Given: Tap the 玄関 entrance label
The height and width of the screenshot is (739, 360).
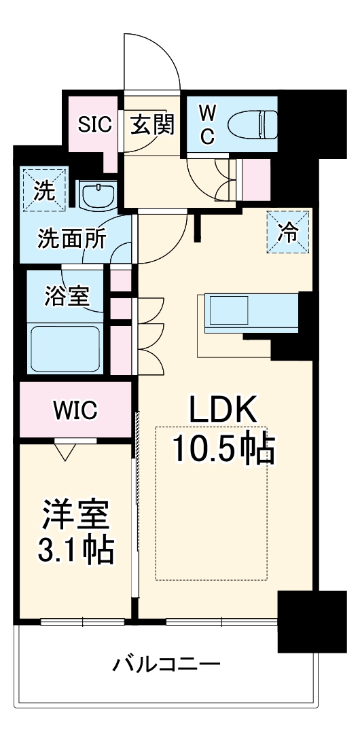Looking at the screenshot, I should point(152,124).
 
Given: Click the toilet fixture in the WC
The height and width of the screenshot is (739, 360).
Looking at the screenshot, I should point(251,124).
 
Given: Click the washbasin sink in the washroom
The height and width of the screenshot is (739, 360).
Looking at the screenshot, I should point(98,195).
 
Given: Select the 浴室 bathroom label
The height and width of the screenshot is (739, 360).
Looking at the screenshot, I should point(65,296).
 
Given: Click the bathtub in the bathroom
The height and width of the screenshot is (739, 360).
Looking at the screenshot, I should point(65,347).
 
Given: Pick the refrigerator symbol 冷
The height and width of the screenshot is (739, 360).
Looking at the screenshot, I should point(288,232).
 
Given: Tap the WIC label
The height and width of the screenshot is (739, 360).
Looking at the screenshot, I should point(75,410).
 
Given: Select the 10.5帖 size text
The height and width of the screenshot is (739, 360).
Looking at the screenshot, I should point(223,448).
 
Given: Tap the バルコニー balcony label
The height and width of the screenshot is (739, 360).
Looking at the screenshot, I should point(166,663).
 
